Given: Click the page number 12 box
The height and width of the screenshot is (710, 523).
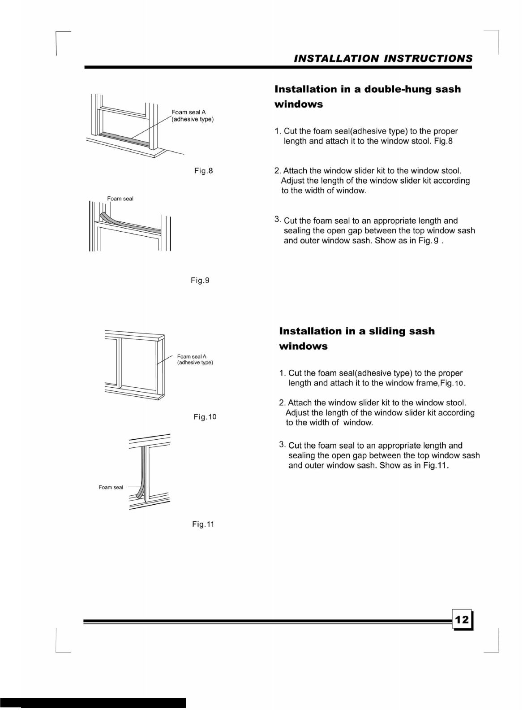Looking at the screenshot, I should coord(462,619).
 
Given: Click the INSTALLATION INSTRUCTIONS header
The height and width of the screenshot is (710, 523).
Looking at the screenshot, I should coord(383,59).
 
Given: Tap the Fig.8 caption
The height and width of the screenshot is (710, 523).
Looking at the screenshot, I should coord(203,171).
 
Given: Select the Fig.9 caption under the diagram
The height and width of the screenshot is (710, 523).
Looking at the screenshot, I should coord(200,281).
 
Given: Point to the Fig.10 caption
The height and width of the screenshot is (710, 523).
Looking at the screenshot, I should coord(205,417).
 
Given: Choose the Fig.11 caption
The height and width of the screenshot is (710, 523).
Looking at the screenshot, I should coord(203,524).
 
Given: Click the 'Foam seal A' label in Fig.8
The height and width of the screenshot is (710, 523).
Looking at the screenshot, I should coord(189,113).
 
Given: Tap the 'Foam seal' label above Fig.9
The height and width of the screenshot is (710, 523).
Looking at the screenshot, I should coord(120,199).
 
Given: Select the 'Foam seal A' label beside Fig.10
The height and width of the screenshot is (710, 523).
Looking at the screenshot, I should coord(192,357).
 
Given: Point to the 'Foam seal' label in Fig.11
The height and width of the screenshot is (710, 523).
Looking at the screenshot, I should coord(111,487).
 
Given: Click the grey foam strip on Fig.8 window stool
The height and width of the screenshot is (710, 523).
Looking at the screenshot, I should coord(124,137).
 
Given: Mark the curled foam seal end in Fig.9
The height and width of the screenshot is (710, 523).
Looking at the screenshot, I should coord(106,216).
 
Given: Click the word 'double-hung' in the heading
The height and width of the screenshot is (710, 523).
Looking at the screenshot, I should coord(398,89).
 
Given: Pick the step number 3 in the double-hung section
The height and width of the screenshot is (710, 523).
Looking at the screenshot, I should coord(277,219).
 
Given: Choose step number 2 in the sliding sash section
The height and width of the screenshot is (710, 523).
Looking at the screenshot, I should coord(282,403).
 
